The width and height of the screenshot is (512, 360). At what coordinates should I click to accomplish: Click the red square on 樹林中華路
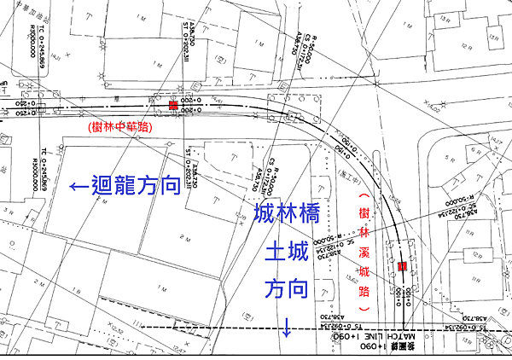tap(173, 105)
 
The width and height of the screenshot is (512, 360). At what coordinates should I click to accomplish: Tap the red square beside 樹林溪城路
tap(401, 267)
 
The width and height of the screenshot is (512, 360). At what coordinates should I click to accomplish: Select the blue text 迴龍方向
tap(137, 184)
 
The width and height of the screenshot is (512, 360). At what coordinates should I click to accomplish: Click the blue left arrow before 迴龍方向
tap(79, 184)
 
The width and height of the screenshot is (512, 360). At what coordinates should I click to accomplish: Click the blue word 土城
tap(286, 253)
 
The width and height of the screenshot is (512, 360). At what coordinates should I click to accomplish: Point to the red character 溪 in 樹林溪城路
tap(364, 253)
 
